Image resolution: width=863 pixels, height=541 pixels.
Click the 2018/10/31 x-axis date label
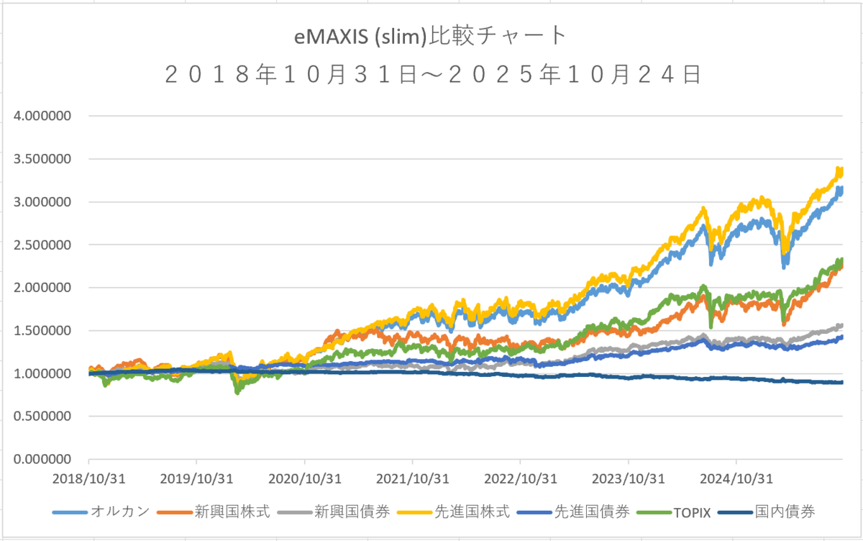point(88,478)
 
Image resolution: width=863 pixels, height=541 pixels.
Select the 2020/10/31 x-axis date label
point(304,478)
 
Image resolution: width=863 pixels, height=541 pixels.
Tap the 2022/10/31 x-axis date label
point(520,478)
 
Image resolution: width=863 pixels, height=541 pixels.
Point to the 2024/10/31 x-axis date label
point(736,478)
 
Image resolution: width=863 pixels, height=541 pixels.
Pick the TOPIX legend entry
point(691,512)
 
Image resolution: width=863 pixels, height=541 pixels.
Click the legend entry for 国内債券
point(785,512)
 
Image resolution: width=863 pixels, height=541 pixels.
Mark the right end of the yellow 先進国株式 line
point(841,171)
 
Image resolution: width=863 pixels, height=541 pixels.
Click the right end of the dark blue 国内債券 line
point(842,383)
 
